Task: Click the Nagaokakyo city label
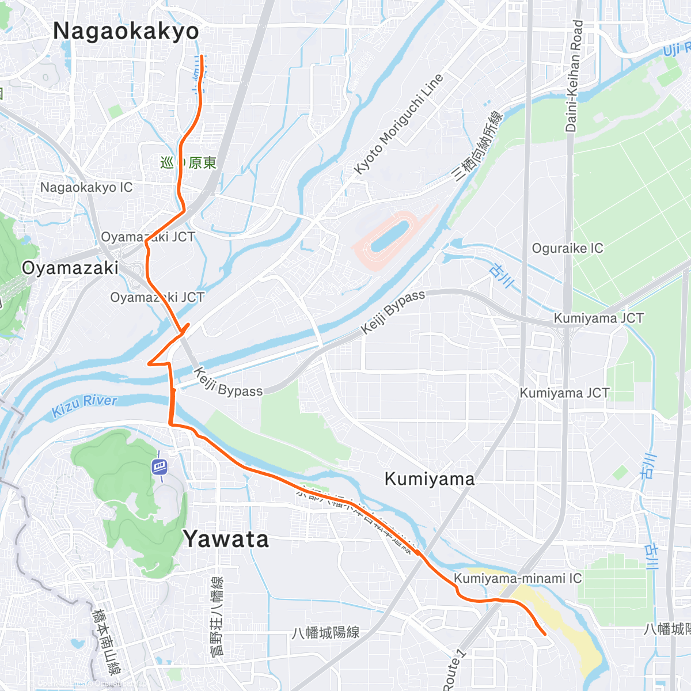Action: pyautogui.click(x=126, y=31)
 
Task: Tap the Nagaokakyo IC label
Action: pyautogui.click(x=86, y=187)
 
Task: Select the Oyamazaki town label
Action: pyautogui.click(x=70, y=268)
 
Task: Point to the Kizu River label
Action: pyautogui.click(x=85, y=406)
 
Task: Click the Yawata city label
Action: pyautogui.click(x=226, y=540)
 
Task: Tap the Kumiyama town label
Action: pyautogui.click(x=430, y=479)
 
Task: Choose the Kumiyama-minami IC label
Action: pyautogui.click(x=518, y=578)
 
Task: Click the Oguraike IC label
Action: pyautogui.click(x=567, y=248)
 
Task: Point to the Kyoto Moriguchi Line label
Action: pyautogui.click(x=398, y=124)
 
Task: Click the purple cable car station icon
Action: pyautogui.click(x=160, y=466)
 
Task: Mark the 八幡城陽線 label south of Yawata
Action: pyautogui.click(x=325, y=632)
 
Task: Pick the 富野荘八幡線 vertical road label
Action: pyautogui.click(x=218, y=616)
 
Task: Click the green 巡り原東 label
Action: pyautogui.click(x=188, y=163)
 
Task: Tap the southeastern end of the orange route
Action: pyautogui.click(x=545, y=635)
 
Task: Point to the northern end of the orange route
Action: pyautogui.click(x=202, y=56)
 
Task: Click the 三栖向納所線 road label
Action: pyautogui.click(x=479, y=146)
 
